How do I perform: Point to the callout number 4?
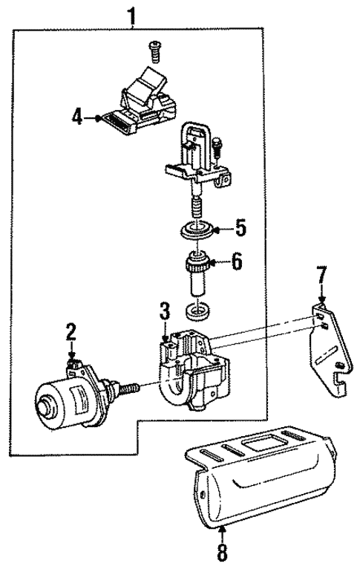pos(77,117)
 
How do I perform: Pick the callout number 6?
pos(237,262)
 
